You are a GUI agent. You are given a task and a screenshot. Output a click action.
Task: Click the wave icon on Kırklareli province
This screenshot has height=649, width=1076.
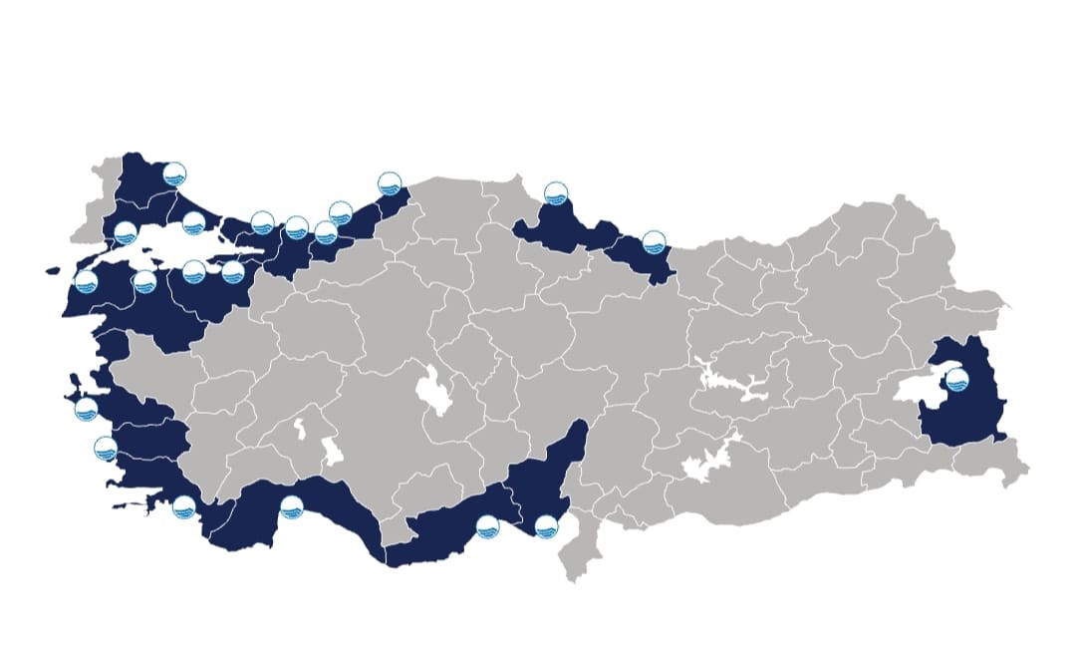[174, 174]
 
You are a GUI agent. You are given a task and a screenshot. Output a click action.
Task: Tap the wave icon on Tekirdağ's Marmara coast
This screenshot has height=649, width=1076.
[126, 233]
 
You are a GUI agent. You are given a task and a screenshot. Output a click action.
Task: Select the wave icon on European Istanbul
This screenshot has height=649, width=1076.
[193, 222]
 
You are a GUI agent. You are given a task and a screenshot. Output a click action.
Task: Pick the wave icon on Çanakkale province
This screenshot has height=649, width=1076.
[86, 282]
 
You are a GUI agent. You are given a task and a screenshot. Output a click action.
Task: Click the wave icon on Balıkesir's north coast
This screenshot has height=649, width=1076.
[144, 282]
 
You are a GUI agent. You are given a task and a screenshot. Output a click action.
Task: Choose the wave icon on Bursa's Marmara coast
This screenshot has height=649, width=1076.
[193, 271]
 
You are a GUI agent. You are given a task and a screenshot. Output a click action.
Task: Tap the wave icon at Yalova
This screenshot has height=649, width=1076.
[233, 271]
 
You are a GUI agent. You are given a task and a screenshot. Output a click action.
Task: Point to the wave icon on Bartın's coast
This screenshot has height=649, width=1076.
[390, 183]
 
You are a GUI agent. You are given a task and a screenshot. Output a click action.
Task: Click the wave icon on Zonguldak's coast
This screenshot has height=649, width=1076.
[341, 212]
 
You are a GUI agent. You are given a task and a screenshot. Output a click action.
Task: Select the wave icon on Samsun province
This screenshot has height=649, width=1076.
[556, 193]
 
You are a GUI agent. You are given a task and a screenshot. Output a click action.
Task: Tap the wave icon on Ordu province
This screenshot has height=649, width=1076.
[654, 241]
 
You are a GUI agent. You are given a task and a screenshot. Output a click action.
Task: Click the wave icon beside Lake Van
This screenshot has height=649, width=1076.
[956, 379]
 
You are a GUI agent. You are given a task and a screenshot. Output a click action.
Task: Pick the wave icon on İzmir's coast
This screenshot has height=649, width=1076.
[86, 409]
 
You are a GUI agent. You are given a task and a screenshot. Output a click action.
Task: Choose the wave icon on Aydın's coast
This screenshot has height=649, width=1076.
[106, 448]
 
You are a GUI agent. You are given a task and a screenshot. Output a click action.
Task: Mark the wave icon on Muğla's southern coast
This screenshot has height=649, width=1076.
[183, 506]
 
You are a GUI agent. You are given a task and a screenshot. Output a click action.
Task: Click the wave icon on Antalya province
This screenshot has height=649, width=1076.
[291, 506]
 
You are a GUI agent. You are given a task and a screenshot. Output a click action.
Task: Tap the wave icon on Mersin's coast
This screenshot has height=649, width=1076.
[487, 526]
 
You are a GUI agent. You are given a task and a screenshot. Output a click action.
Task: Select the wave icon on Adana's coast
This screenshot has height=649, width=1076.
[546, 526]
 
